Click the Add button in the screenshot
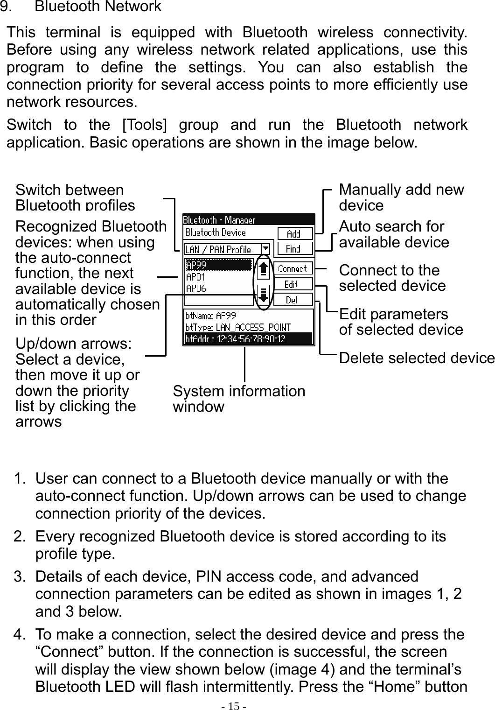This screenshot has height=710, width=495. [294, 233]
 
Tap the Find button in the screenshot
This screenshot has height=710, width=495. [294, 249]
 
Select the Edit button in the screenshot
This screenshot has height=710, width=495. [292, 284]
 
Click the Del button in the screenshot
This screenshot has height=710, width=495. [292, 300]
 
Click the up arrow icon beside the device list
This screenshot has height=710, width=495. [264, 269]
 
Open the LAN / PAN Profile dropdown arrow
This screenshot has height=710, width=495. [265, 249]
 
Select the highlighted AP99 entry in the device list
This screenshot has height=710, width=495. [218, 265]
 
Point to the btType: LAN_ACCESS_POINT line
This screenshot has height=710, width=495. [238, 327]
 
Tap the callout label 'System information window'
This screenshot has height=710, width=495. [239, 399]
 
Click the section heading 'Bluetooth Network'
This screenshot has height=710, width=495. [98, 7]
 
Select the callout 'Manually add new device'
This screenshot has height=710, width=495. [401, 197]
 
